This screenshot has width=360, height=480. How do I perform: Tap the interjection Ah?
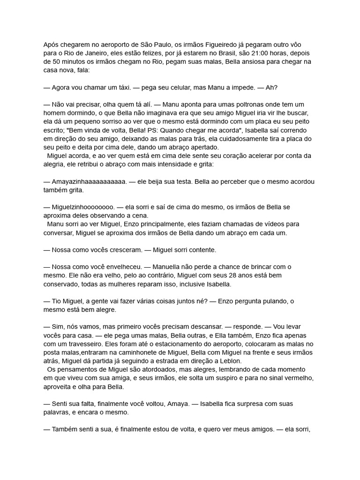275,88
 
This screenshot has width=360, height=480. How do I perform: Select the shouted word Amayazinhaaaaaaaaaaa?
89,181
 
